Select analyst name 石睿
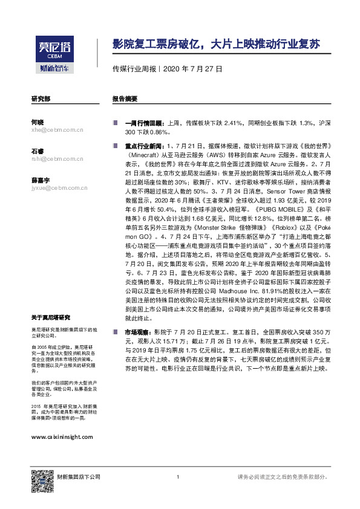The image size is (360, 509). [x=38, y=151]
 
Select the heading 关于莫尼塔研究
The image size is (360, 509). [x=50, y=317]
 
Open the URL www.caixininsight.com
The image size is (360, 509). [x=62, y=436]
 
